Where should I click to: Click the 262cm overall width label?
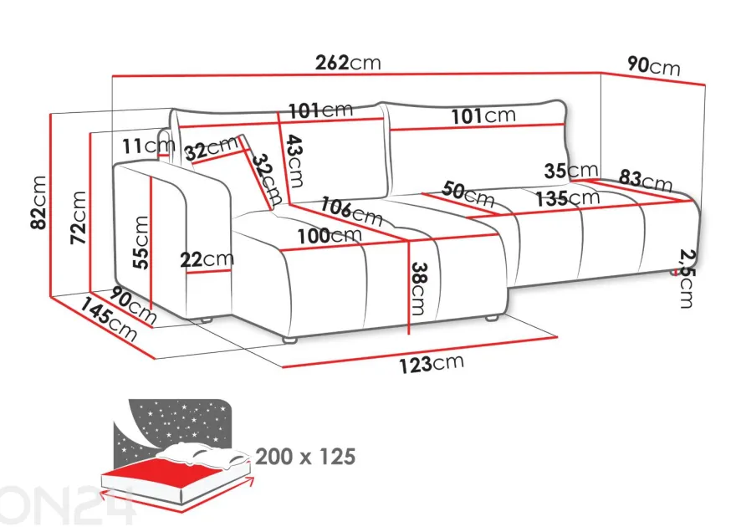(348, 63)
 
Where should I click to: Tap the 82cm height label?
(38, 202)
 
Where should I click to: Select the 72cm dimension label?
(79, 217)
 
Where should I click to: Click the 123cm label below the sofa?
(432, 363)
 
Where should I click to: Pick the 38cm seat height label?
(418, 288)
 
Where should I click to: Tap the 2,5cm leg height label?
(687, 279)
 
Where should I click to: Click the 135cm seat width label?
(568, 198)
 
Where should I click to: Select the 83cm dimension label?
(646, 180)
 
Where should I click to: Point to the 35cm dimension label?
(571, 171)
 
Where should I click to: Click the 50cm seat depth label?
(468, 194)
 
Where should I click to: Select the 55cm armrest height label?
(141, 242)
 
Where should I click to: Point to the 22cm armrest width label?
(207, 259)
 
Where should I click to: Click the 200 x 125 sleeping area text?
(305, 456)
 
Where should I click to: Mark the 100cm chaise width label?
(330, 236)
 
